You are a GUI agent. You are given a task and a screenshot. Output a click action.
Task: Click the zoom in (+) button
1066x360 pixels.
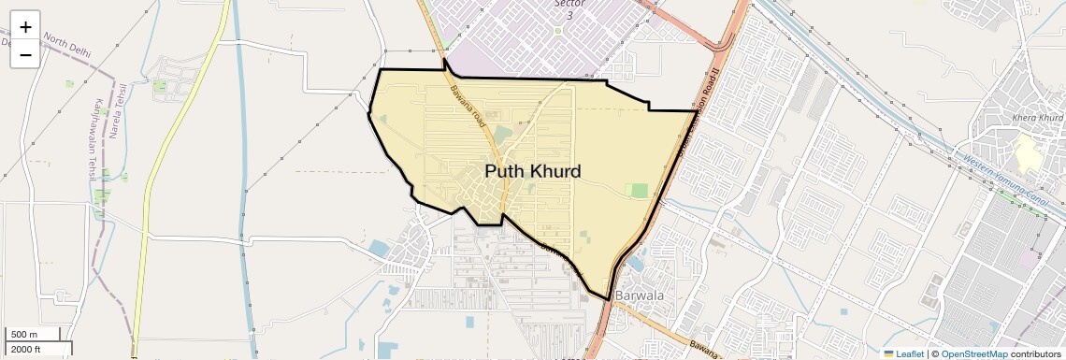(25, 27)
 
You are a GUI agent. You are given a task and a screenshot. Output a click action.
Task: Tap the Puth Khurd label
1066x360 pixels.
(533, 171)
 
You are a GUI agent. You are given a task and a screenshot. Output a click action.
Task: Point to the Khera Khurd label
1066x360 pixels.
(1037, 118)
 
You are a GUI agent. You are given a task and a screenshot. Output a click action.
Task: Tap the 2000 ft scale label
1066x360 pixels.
(26, 349)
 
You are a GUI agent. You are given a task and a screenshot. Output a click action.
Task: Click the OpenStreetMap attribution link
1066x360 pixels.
(973, 353)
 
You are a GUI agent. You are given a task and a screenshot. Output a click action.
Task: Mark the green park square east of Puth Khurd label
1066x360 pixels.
(640, 191)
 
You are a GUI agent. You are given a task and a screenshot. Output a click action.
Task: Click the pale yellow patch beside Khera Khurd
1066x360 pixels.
(1028, 151)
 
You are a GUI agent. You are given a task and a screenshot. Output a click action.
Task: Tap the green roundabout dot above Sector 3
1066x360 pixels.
(558, 31)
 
